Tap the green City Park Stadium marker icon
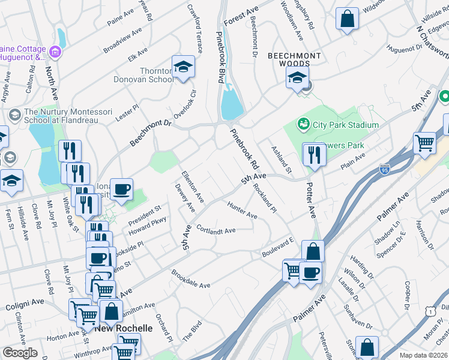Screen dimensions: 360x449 pyautogui.click(x=304, y=125)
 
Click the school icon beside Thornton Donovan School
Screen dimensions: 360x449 pyautogui.click(x=183, y=67)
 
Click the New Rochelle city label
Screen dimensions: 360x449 pyautogui.click(x=124, y=329)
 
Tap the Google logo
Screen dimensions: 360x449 pyautogui.click(x=20, y=353)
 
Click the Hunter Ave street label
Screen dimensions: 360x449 pyautogui.click(x=242, y=210)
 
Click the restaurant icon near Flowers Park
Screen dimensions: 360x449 pyautogui.click(x=314, y=155)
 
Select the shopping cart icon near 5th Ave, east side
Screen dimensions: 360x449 pyautogui.click(x=424, y=144)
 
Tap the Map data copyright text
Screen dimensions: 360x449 pyautogui.click(x=424, y=355)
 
